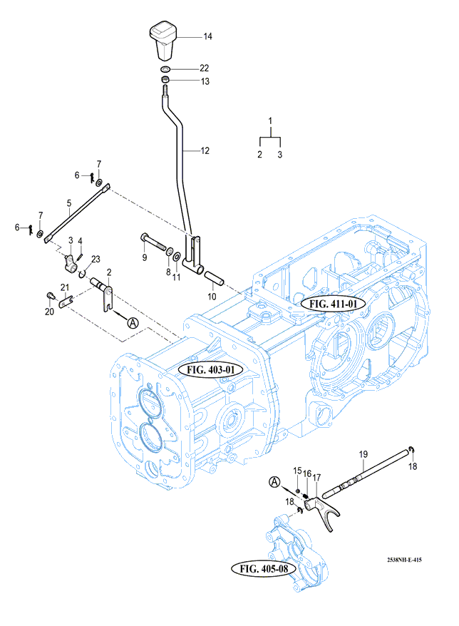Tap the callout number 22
[x=204, y=68]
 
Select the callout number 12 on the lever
[x=205, y=150]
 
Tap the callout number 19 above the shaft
[x=363, y=454]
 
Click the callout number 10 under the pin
[x=211, y=296]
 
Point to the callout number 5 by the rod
[x=69, y=202]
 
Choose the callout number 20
[x=48, y=312]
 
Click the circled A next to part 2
[x=133, y=322]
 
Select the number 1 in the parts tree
[x=270, y=119]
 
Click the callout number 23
[x=96, y=259]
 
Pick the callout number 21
[x=63, y=287]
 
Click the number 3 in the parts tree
[x=280, y=154]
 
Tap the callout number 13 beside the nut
[x=205, y=82]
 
